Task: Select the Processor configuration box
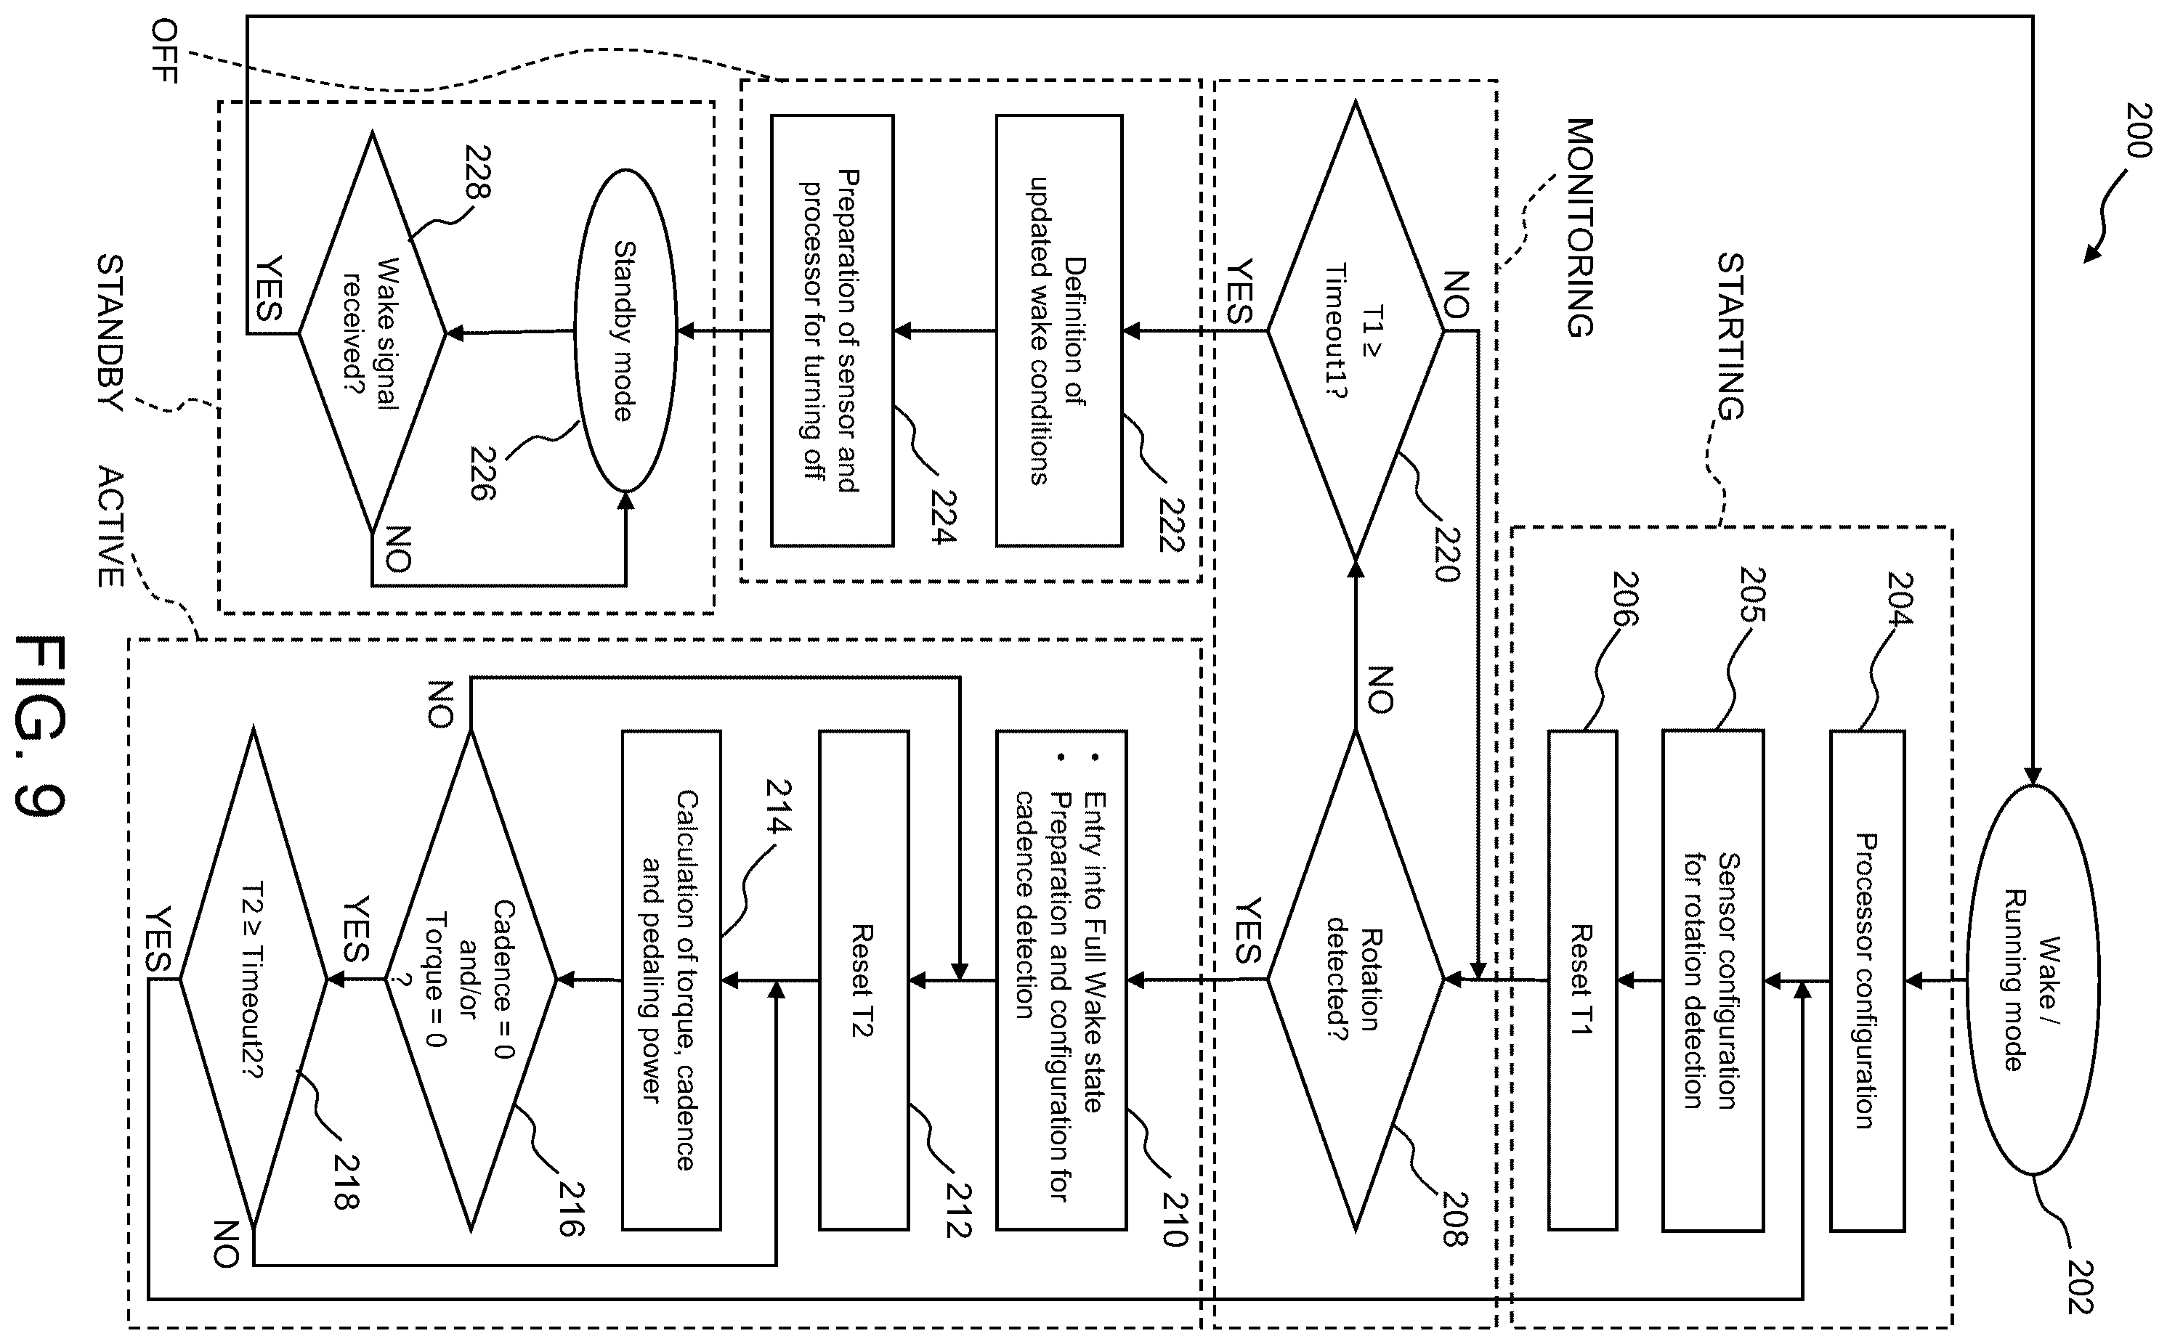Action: point(1866,980)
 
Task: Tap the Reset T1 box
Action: point(1582,980)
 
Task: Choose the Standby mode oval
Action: point(625,330)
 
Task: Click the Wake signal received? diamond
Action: point(372,333)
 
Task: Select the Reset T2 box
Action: point(864,980)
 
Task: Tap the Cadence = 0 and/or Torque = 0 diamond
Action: point(471,980)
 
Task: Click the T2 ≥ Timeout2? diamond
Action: point(254,980)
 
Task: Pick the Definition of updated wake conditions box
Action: point(1058,330)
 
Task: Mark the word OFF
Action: point(164,51)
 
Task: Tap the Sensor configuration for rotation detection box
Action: point(1713,980)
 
